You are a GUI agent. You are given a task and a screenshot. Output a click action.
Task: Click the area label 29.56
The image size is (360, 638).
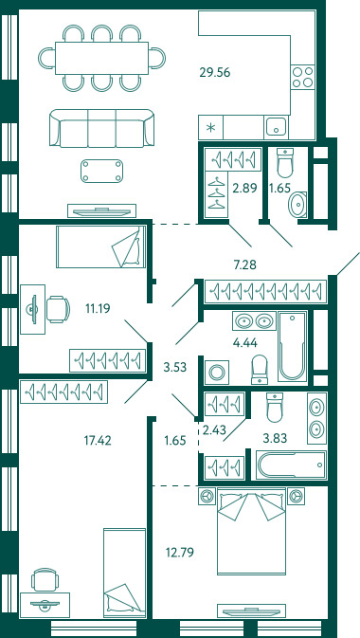coord(215,72)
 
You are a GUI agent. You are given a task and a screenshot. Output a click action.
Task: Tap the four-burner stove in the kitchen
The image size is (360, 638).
coord(303,77)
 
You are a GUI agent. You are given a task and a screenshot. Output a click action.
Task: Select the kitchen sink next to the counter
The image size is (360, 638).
coord(276,127)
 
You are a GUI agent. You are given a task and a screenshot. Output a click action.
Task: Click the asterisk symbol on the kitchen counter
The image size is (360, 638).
coord(210,129)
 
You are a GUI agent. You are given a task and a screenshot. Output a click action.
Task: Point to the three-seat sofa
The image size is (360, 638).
coord(101,128)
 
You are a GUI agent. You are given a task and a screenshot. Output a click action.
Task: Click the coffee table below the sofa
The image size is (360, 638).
coord(101,171)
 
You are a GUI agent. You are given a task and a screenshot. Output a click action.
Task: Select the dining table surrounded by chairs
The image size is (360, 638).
coord(101,58)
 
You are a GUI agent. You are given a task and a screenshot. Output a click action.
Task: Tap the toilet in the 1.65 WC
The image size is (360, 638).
coord(285,163)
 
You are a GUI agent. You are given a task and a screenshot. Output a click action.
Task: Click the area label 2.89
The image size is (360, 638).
coord(244,188)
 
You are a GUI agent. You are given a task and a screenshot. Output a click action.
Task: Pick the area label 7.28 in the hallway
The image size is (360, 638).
coord(244,265)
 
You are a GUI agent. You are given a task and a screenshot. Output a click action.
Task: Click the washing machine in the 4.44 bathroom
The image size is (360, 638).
coord(216,372)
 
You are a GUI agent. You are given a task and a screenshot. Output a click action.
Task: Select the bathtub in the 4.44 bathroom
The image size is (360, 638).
coord(292,346)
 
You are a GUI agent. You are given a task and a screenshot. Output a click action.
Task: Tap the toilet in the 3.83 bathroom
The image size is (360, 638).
coord(275,407)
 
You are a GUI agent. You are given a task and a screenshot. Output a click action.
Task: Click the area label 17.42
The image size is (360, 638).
coord(97,440)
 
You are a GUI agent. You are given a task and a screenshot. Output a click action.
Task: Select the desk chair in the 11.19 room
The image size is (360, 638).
coord(58,309)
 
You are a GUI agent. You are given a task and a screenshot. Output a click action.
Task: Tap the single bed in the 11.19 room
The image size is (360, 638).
coord(100,246)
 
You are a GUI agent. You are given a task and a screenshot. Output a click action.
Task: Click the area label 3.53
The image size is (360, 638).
coord(174,367)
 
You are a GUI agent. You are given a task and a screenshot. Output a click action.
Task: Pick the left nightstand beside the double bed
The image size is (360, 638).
coord(207,496)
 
